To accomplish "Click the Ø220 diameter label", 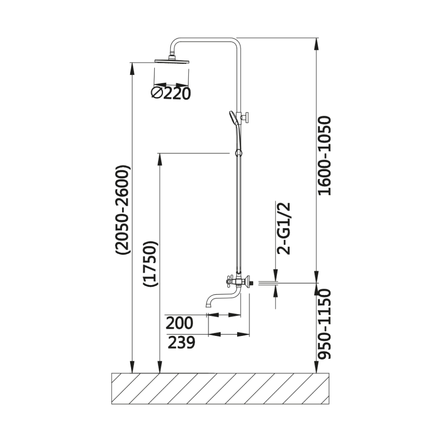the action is (x=171, y=93).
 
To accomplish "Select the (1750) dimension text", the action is (x=150, y=264).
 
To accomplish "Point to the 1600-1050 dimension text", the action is (x=324, y=155).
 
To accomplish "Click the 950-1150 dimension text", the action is (x=324, y=323).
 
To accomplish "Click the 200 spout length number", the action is (x=179, y=323).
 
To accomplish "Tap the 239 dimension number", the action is (x=181, y=342).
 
